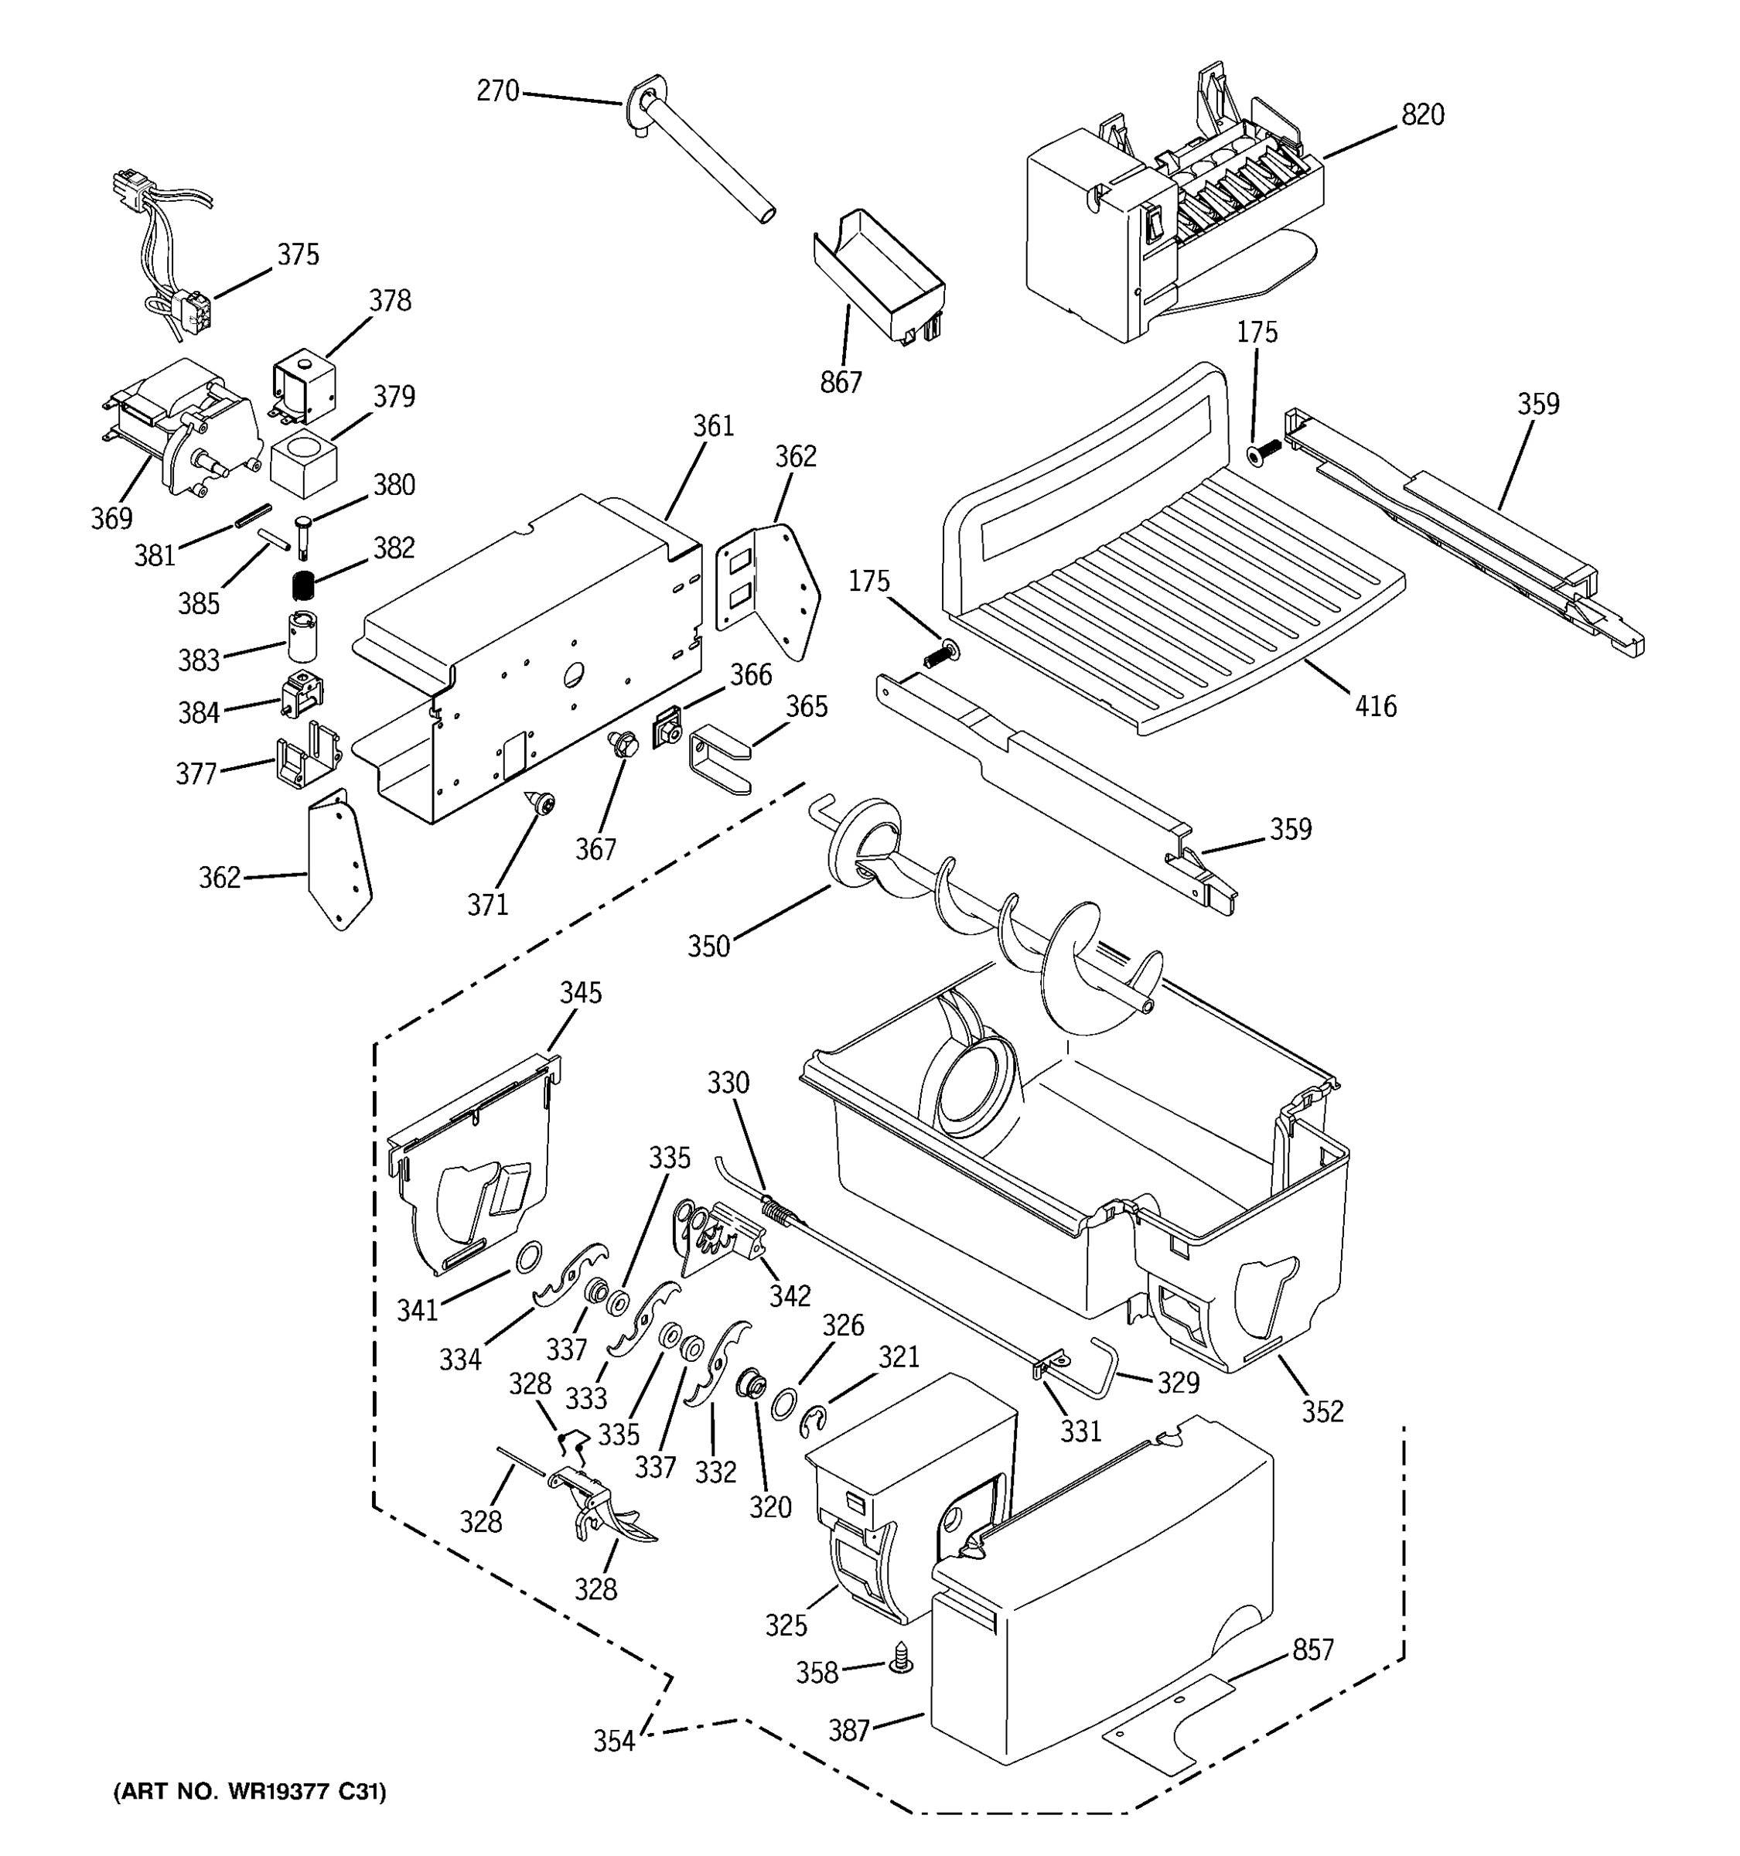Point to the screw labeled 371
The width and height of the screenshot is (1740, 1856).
point(541,801)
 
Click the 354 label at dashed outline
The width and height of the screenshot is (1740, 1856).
point(613,1740)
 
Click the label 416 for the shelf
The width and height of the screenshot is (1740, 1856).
point(1375,706)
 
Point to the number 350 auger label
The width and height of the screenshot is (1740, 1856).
point(708,946)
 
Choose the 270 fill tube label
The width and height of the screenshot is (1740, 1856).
point(496,90)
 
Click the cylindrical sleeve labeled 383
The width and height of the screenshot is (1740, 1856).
point(302,635)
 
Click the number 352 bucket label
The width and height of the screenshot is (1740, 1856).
point(1322,1411)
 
